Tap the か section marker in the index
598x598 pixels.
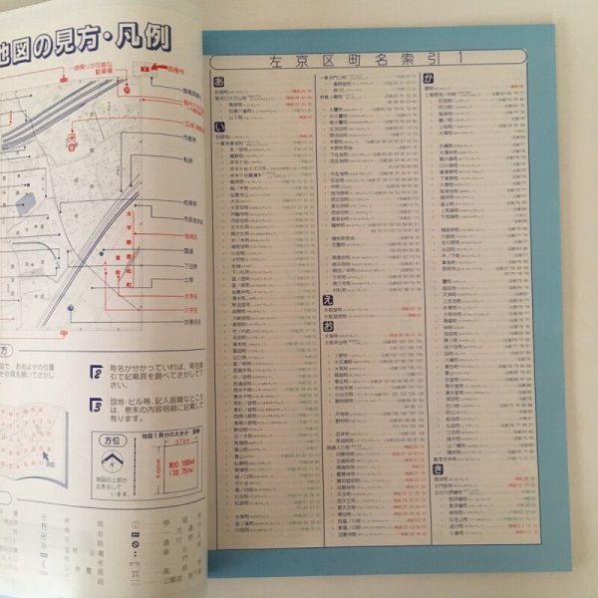click(430, 78)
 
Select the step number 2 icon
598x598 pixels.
click(97, 372)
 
